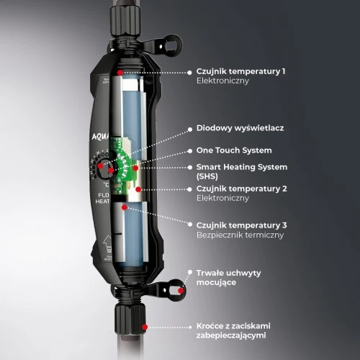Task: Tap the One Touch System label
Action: click(x=234, y=150)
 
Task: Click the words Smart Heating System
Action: click(x=241, y=167)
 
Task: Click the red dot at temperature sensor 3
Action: click(x=125, y=207)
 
